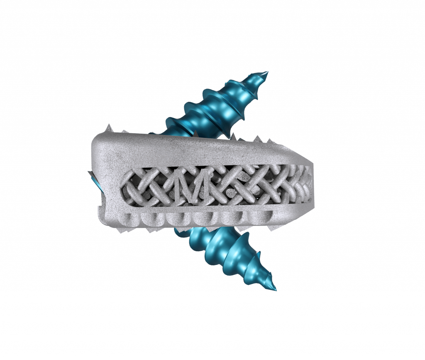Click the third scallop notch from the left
coord(177,218)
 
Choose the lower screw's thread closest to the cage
coord(201,237)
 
